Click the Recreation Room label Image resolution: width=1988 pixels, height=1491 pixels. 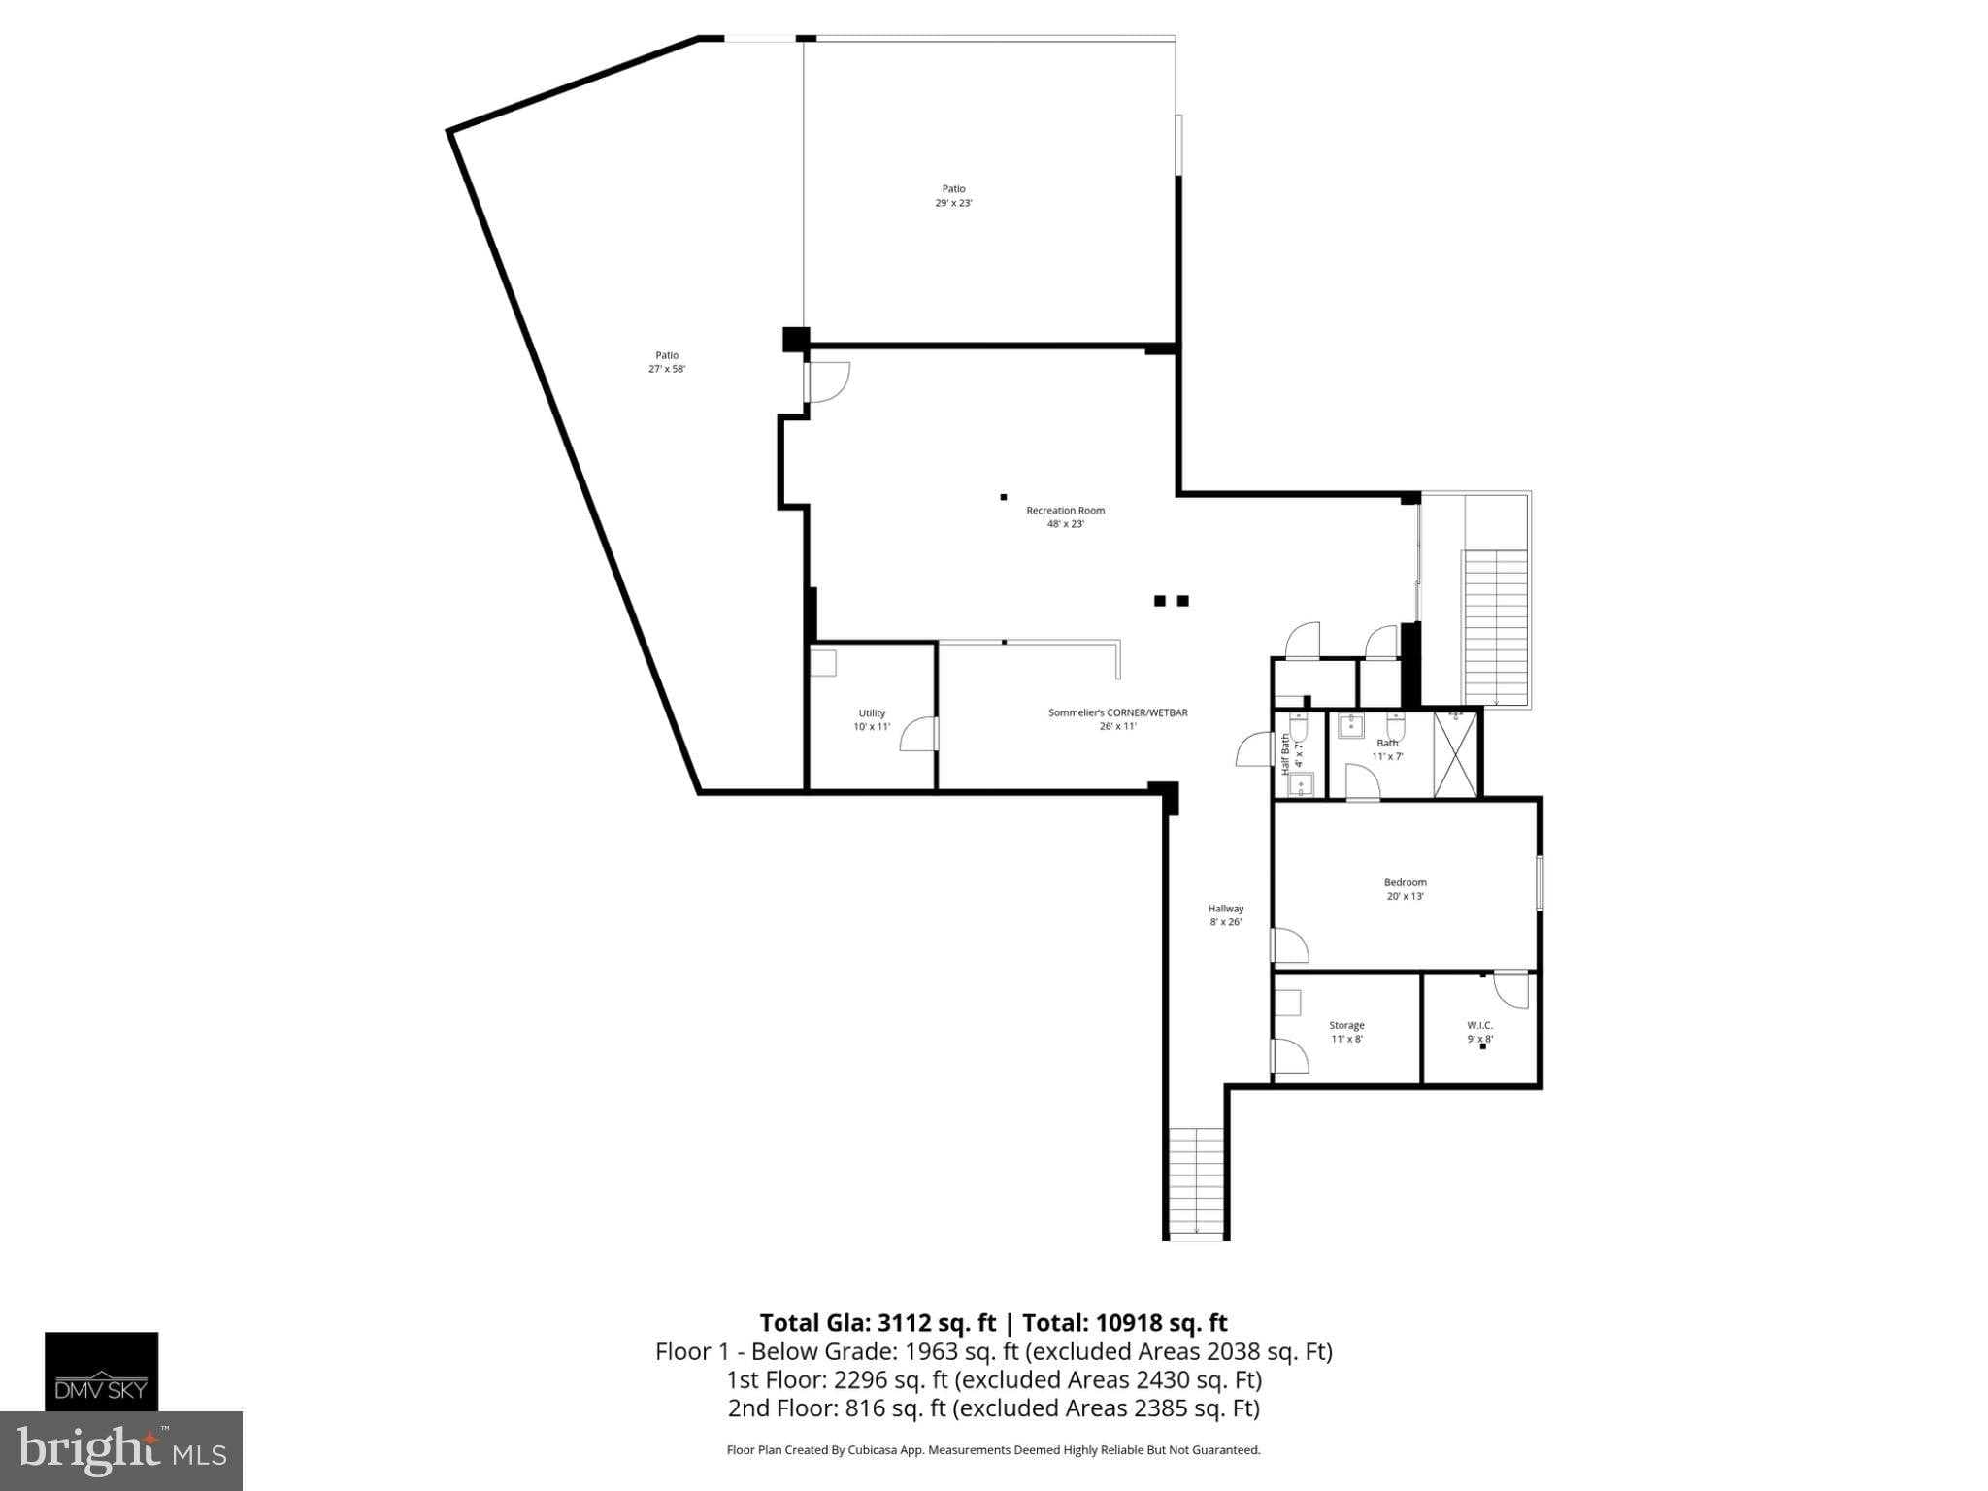coord(1065,516)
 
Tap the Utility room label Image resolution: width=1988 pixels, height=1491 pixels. coord(872,719)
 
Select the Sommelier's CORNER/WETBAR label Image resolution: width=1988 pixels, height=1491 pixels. coord(1117,718)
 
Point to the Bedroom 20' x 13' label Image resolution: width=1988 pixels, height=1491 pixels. coord(1405,889)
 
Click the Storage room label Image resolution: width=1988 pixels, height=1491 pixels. coord(1346,1032)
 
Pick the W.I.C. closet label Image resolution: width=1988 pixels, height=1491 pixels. coord(1479,1032)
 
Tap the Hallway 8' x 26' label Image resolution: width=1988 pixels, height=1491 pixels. coord(1226,915)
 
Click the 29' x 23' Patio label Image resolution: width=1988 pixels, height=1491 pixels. coord(953,196)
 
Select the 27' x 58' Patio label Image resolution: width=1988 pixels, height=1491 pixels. coord(667,362)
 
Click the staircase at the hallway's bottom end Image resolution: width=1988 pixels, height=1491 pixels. coord(1196,1181)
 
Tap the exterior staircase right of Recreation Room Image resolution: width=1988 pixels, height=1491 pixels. coord(1495,626)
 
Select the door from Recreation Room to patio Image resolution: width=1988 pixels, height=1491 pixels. coord(828,381)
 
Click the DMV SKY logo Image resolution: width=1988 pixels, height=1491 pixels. coord(101,1371)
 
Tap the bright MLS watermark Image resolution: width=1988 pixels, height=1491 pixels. coord(121,1450)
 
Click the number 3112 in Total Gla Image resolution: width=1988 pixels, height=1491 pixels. coord(908,1323)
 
